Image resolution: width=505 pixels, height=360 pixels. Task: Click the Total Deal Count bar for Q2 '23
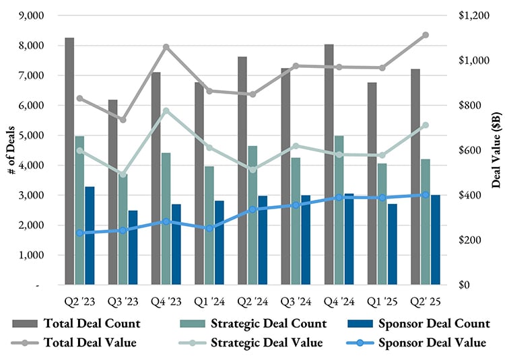point(69,161)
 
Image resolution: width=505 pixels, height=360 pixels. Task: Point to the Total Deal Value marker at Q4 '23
point(166,47)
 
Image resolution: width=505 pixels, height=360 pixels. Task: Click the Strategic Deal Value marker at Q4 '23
point(166,111)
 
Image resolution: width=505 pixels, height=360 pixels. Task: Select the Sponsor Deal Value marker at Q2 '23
point(79,233)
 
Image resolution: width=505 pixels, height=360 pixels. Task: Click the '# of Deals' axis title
point(11,150)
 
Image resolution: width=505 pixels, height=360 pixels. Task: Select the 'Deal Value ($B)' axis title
point(496,150)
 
